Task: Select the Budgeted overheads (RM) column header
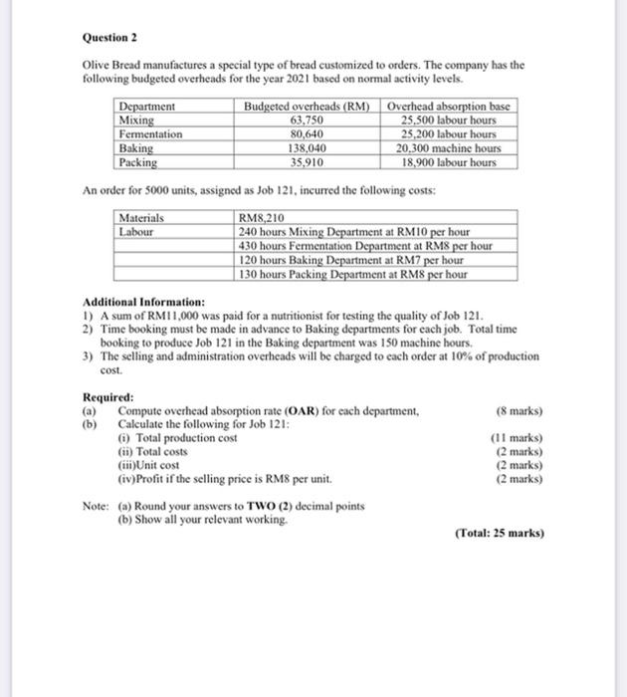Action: point(307,107)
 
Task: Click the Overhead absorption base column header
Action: point(449,107)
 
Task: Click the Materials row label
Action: point(142,217)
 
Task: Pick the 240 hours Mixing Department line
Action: point(354,231)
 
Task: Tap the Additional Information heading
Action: point(144,302)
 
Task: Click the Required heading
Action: point(106,396)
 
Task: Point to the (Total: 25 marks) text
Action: point(500,533)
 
